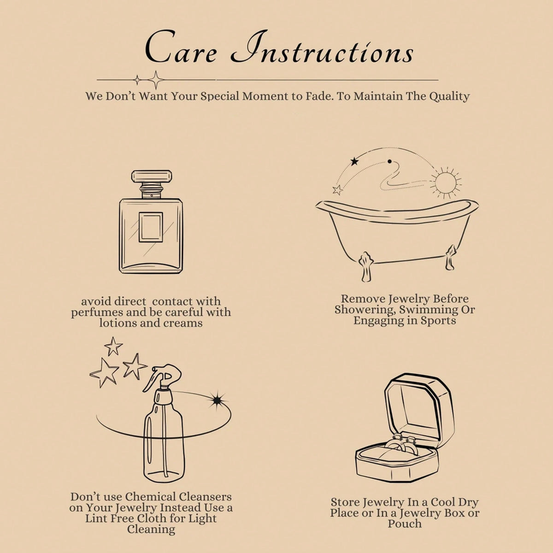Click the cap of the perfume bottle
152,176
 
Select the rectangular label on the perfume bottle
151,227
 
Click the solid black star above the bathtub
355,162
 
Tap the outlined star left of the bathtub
338,190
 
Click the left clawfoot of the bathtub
365,266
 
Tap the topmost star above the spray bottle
113,346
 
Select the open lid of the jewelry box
419,407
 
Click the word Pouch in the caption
405,524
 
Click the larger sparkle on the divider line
156,80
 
